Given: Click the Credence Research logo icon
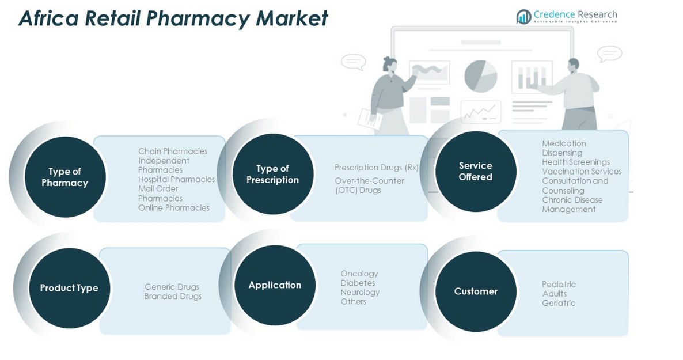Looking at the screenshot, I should tap(523, 17).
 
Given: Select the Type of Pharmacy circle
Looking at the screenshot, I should tap(65, 177).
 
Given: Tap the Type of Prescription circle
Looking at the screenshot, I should tap(273, 174).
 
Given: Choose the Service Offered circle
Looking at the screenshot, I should tap(476, 171).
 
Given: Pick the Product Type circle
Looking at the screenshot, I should tap(69, 288).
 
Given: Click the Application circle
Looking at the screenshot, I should tap(275, 285).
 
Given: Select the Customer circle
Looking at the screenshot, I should tap(476, 291).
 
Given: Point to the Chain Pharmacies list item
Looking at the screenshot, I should tap(173, 151).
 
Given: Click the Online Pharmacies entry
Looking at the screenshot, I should tap(174, 208).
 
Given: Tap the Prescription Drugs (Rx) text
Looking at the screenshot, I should tap(377, 168).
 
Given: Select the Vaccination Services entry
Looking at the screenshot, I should tap(582, 172).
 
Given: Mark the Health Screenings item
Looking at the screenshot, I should tap(576, 162).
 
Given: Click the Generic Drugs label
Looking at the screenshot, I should tap(172, 287).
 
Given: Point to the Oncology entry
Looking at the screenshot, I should tap(359, 274).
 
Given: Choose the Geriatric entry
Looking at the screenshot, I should tap(559, 303).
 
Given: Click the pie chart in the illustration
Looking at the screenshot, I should tap(480, 76).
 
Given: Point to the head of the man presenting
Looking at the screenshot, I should tap(573, 65).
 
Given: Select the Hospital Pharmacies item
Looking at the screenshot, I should tap(176, 180).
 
